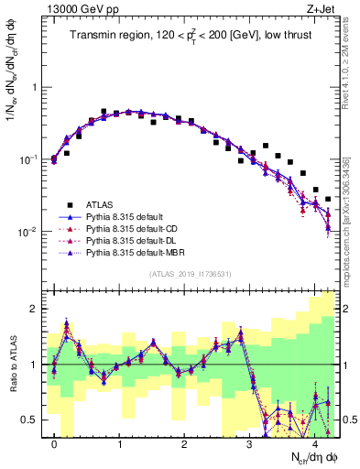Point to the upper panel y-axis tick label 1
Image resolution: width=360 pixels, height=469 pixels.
click(x=34, y=88)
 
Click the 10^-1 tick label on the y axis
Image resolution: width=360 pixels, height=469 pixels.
click(x=30, y=159)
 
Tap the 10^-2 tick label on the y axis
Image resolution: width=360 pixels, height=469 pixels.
click(x=30, y=232)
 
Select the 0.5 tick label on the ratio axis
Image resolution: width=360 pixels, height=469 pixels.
click(x=30, y=420)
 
